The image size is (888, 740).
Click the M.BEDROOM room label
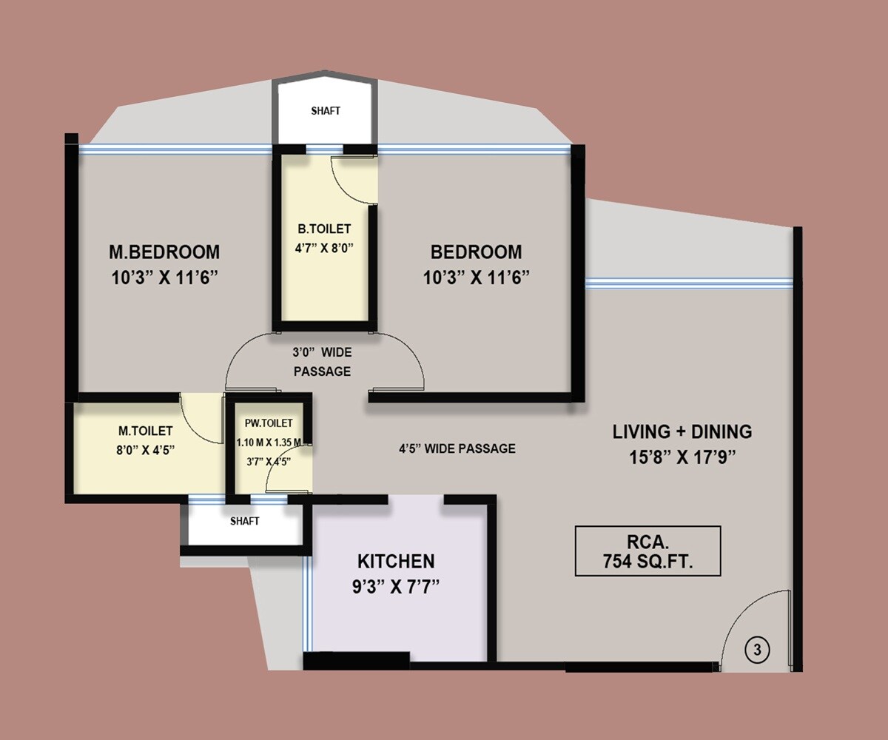[164, 252]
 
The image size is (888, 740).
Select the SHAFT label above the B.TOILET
[326, 111]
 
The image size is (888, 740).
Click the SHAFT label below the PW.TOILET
[244, 521]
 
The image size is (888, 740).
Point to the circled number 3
[757, 650]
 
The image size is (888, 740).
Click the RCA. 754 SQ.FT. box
[647, 551]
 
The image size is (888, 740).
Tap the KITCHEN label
[396, 561]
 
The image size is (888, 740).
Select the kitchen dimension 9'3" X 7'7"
[396, 587]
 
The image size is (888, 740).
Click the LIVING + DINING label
[682, 431]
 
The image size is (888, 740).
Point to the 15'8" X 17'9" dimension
[682, 457]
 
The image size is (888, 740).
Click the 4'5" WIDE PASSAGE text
[457, 448]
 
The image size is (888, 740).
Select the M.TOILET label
[146, 431]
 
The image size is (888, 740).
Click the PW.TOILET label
[269, 423]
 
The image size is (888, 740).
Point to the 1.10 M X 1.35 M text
[269, 443]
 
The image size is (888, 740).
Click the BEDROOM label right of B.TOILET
[476, 252]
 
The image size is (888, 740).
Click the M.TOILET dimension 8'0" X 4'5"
[146, 449]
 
